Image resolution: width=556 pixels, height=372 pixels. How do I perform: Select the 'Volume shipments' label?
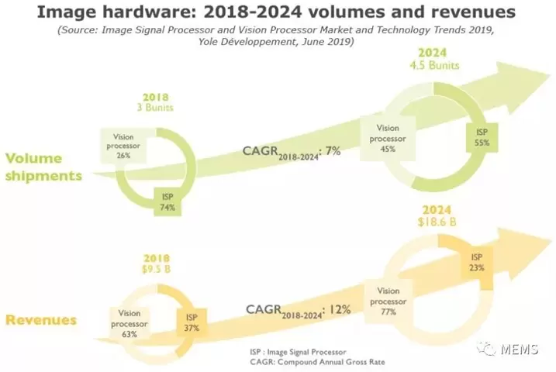tap(43, 167)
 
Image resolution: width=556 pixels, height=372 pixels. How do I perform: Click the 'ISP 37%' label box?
tap(190, 320)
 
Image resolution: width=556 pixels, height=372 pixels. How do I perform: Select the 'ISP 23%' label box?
tap(475, 262)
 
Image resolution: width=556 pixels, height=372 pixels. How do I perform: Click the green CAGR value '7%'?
tap(333, 152)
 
